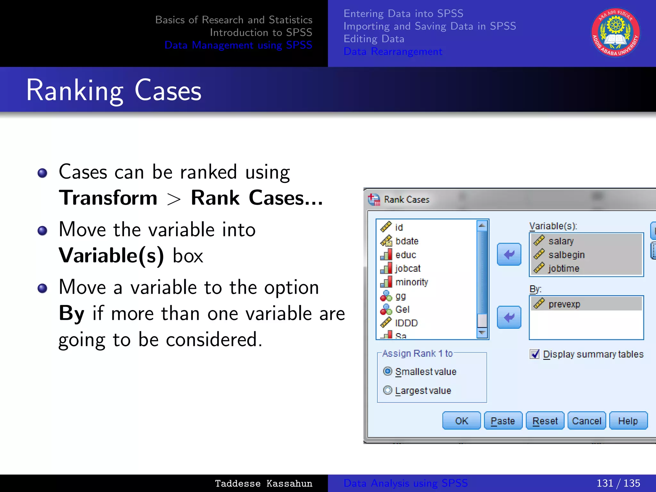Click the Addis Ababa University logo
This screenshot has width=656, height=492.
(x=615, y=33)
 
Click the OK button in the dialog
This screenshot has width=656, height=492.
(x=461, y=421)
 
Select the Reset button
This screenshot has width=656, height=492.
(x=545, y=421)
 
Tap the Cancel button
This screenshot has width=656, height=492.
(x=586, y=421)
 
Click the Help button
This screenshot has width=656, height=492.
(x=628, y=421)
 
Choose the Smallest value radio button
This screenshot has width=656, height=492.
(x=388, y=371)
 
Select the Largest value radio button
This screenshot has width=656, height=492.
(x=388, y=390)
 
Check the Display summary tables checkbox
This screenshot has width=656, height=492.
(x=535, y=354)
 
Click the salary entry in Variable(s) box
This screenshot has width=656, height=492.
(x=561, y=241)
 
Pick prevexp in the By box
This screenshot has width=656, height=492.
(x=564, y=304)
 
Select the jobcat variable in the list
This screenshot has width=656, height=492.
(x=407, y=268)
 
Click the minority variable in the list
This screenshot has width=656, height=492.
(x=412, y=282)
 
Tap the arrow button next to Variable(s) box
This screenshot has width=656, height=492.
(x=509, y=254)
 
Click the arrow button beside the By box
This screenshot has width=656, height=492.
(x=509, y=317)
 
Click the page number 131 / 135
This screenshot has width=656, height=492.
(x=618, y=483)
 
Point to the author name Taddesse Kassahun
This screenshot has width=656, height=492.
(x=263, y=483)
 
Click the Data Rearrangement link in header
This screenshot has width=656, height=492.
(x=393, y=51)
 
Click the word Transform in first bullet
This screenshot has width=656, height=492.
(x=108, y=198)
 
